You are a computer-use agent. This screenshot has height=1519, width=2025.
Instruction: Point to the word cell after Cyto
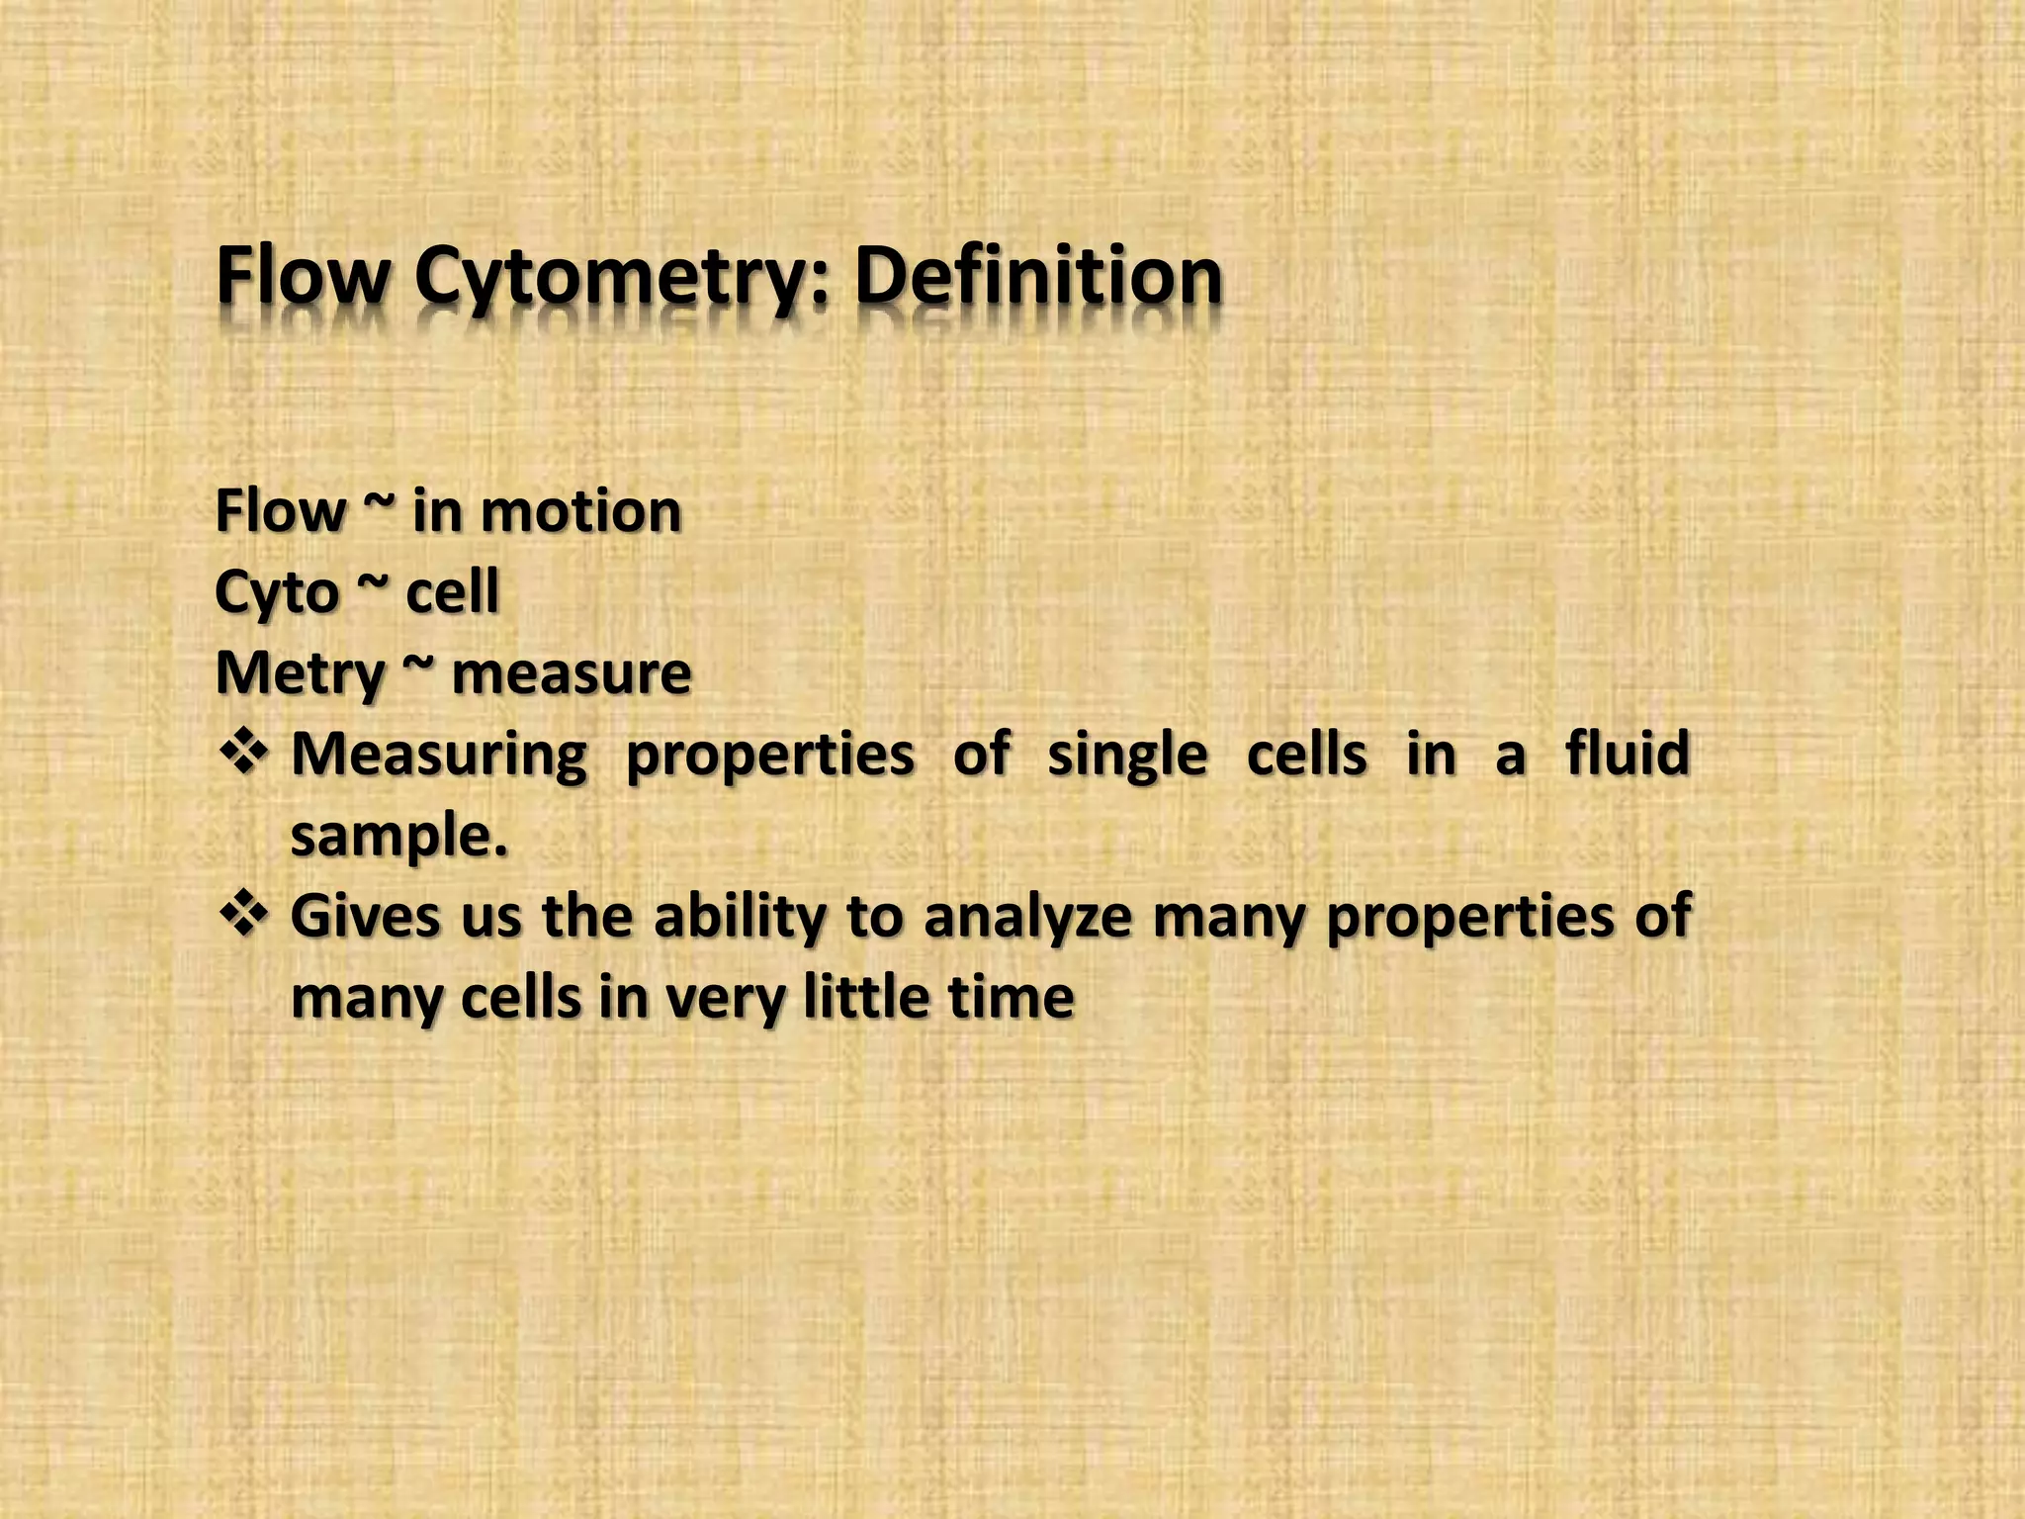coord(453,593)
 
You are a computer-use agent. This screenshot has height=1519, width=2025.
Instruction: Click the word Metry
coord(300,675)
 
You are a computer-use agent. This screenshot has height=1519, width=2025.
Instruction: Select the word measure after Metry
coord(572,675)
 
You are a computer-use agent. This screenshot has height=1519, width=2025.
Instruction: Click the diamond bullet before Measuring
coord(242,755)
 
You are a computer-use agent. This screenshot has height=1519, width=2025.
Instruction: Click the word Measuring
coord(439,756)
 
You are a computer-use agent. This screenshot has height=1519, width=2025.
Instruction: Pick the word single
coord(1127,758)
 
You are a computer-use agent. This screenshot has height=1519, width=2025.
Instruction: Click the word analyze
coord(1027,918)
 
